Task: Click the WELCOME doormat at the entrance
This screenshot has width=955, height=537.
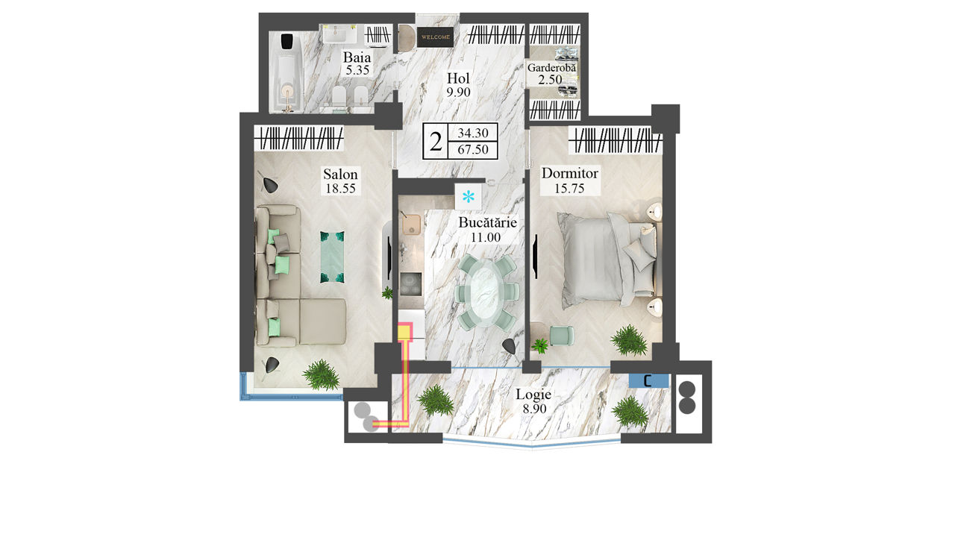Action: [435, 37]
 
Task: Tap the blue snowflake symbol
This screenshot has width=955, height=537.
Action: [468, 196]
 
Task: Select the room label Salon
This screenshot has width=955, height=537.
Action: [340, 174]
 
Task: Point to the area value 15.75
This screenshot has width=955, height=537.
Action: [569, 188]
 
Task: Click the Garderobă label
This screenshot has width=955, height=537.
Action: [551, 67]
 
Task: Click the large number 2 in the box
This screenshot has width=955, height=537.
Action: [436, 142]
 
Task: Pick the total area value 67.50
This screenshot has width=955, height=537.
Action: [473, 150]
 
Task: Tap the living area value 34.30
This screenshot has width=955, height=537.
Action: [473, 133]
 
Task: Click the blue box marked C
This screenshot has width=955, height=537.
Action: [648, 380]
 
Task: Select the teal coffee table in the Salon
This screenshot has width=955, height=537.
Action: [332, 257]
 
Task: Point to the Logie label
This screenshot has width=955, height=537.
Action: [533, 395]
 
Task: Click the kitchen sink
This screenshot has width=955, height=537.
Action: [411, 224]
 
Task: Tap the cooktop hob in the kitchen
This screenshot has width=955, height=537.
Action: [411, 284]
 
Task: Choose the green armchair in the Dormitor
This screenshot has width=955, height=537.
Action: [562, 336]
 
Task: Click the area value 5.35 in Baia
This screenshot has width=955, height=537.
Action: [357, 70]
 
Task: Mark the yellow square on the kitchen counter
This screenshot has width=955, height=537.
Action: [404, 333]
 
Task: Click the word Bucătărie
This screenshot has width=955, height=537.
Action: [487, 222]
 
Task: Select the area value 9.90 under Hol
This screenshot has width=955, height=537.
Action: [459, 92]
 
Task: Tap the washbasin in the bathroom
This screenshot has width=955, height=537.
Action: [339, 34]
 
